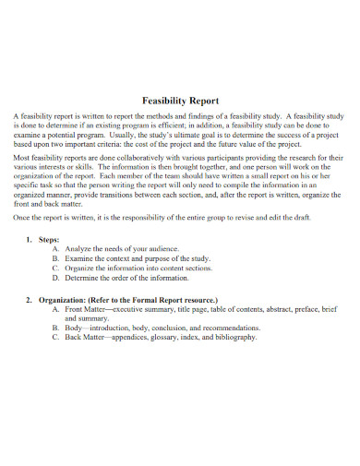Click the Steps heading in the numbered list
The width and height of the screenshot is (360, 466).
pyautogui.click(x=47, y=239)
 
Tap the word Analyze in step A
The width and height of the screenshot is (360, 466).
pyautogui.click(x=78, y=249)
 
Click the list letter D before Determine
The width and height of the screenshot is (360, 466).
pyautogui.click(x=55, y=277)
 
